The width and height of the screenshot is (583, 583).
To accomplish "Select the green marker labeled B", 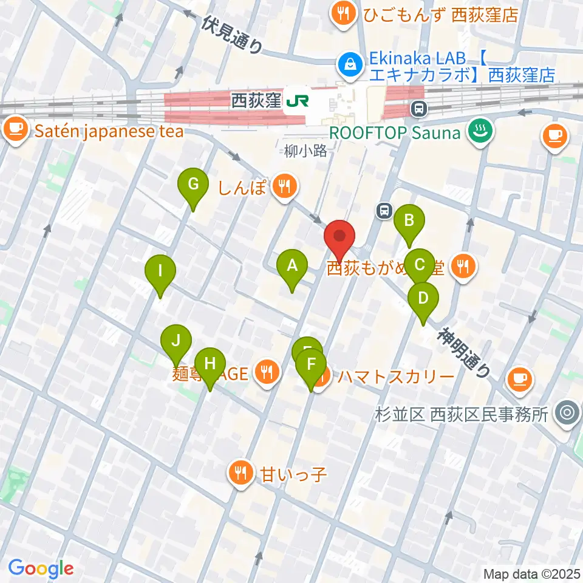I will pyautogui.click(x=409, y=220).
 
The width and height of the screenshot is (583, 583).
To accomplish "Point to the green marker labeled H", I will pyautogui.click(x=210, y=364).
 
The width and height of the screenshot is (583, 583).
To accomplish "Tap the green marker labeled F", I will pyautogui.click(x=312, y=366).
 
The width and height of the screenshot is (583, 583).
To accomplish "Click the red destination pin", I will pyautogui.click(x=341, y=236).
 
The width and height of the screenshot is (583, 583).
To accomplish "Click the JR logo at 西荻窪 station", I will pyautogui.click(x=298, y=100).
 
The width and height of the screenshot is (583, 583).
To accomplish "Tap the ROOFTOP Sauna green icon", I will pyautogui.click(x=479, y=132).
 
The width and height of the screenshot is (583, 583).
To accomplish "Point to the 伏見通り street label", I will pyautogui.click(x=233, y=35).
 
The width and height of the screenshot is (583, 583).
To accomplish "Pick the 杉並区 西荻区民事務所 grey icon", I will pyautogui.click(x=568, y=414).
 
